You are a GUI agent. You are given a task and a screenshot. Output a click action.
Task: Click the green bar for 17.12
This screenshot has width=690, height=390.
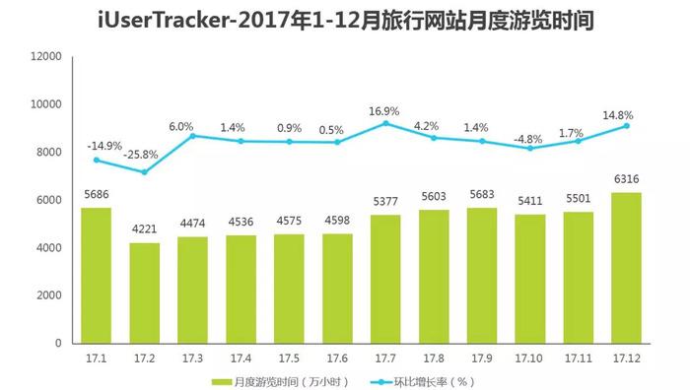(x=627, y=268)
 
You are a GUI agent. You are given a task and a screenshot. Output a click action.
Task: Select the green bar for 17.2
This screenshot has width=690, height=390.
(x=144, y=293)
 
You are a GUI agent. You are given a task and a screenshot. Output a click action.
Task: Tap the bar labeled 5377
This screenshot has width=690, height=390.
(x=385, y=279)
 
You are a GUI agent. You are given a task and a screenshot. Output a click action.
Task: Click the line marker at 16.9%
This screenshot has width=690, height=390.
(x=385, y=123)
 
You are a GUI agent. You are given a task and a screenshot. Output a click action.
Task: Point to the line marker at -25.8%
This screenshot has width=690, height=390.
(x=144, y=172)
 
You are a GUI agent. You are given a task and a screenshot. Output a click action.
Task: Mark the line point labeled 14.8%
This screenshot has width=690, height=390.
(x=627, y=126)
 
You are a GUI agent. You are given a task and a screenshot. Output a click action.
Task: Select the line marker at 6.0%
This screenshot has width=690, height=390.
(x=192, y=136)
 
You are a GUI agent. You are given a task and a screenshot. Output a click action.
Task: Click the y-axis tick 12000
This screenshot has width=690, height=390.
(x=45, y=56)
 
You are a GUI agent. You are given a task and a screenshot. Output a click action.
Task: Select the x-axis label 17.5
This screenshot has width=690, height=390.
(x=289, y=356)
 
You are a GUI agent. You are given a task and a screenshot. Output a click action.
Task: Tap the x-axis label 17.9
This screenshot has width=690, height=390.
(x=482, y=356)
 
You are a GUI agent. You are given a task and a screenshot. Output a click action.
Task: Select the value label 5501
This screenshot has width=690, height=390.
(x=579, y=201)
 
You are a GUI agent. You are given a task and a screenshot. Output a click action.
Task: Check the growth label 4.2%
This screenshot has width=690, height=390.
(x=434, y=125)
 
